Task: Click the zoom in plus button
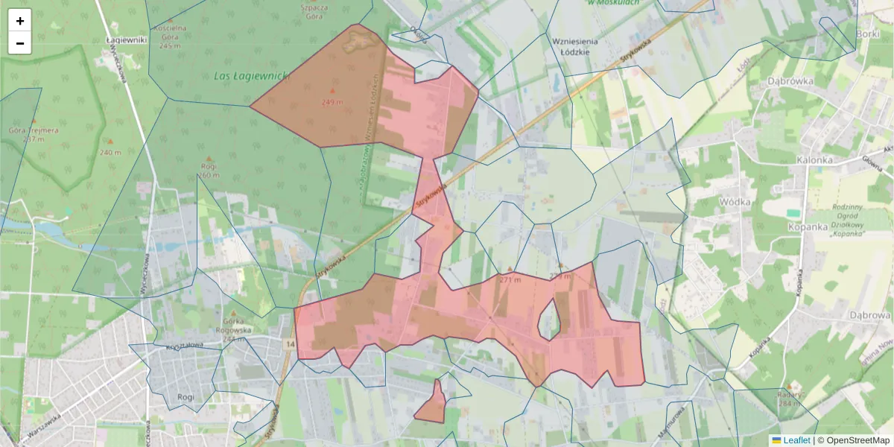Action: click(20, 21)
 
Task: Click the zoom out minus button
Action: click(20, 43)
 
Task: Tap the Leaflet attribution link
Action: click(796, 440)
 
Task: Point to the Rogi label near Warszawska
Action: click(186, 397)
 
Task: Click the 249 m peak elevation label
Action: click(332, 101)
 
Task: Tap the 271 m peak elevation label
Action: click(510, 279)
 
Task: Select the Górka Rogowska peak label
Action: click(232, 330)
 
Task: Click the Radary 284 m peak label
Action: click(789, 399)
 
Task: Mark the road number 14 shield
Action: click(290, 343)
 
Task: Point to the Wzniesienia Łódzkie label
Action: click(571, 46)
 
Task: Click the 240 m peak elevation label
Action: click(110, 152)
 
